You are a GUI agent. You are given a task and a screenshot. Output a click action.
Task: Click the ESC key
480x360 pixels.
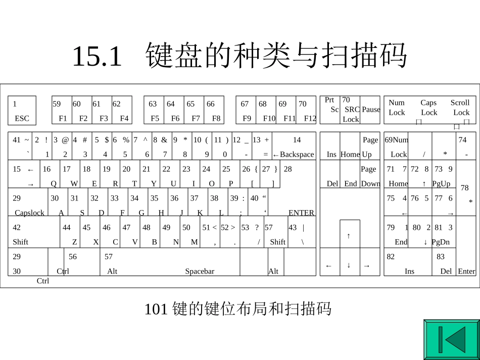pos(22,111)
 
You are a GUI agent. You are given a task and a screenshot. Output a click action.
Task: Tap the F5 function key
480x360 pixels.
pos(154,111)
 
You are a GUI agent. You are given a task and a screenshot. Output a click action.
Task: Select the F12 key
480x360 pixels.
pos(306,111)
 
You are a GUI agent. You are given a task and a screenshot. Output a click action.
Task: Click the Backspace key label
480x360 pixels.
pos(294,155)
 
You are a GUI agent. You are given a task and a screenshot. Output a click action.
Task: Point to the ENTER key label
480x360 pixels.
pos(301,213)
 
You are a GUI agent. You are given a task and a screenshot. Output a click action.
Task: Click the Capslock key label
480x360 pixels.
pos(29,213)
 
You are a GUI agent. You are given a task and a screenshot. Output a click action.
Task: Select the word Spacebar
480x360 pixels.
pos(200,271)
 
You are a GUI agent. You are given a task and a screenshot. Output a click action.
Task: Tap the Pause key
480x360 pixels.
pos(370,110)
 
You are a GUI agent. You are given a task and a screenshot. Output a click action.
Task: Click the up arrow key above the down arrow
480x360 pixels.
pos(349,235)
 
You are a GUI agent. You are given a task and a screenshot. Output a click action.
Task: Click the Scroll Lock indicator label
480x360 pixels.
pos(460,108)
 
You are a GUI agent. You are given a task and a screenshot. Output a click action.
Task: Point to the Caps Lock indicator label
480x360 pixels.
pos(429,108)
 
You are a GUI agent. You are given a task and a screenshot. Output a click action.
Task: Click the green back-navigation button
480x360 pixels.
pos(451,340)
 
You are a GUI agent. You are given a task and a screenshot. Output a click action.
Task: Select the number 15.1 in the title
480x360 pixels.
pos(98,56)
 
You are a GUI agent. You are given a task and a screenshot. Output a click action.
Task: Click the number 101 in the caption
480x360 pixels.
pos(156,309)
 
